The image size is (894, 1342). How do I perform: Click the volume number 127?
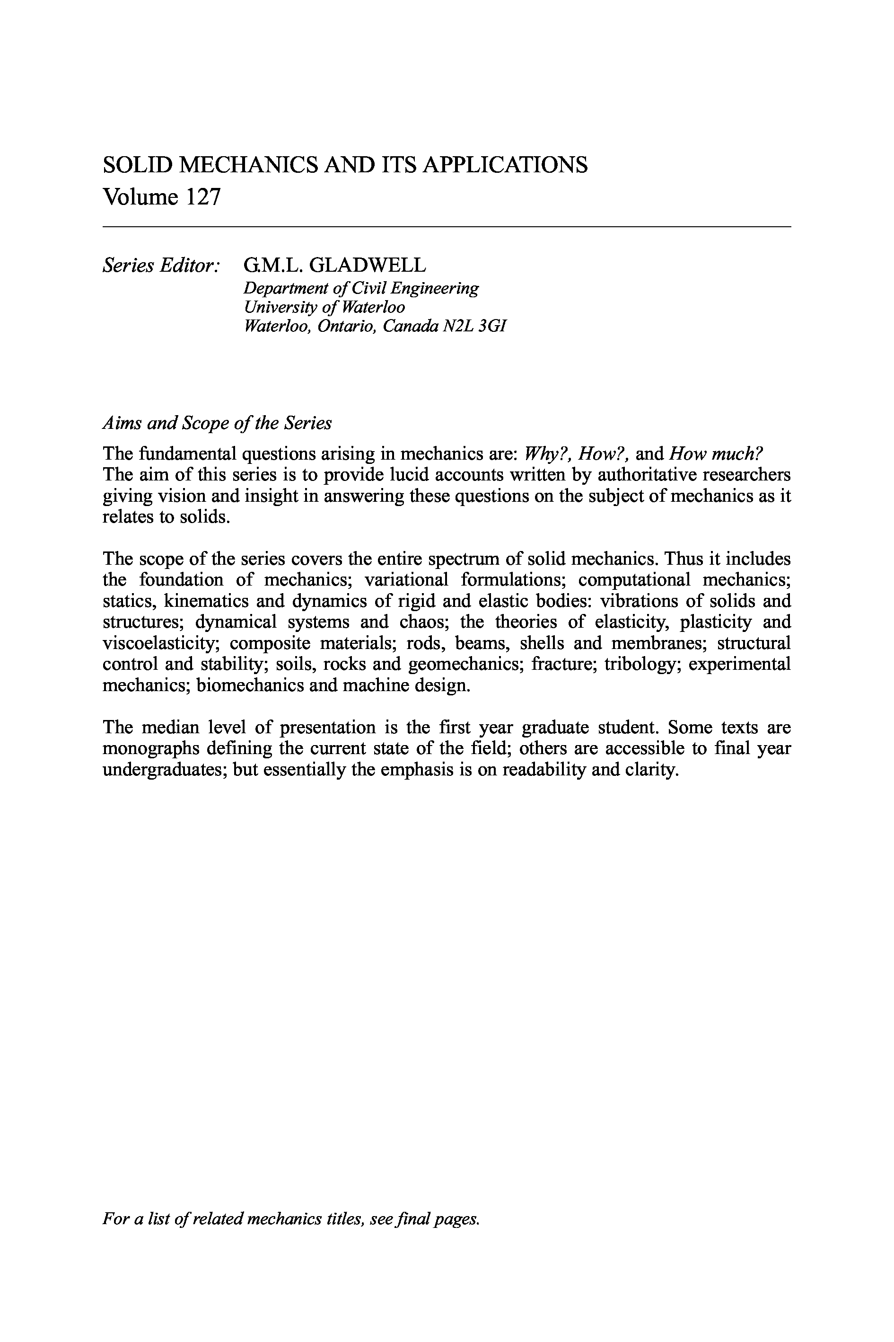(x=202, y=197)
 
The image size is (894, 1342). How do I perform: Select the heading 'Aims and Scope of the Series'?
(x=217, y=423)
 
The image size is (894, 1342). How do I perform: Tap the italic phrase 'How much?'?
(x=716, y=453)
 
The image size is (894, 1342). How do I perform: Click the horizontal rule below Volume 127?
(x=447, y=227)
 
